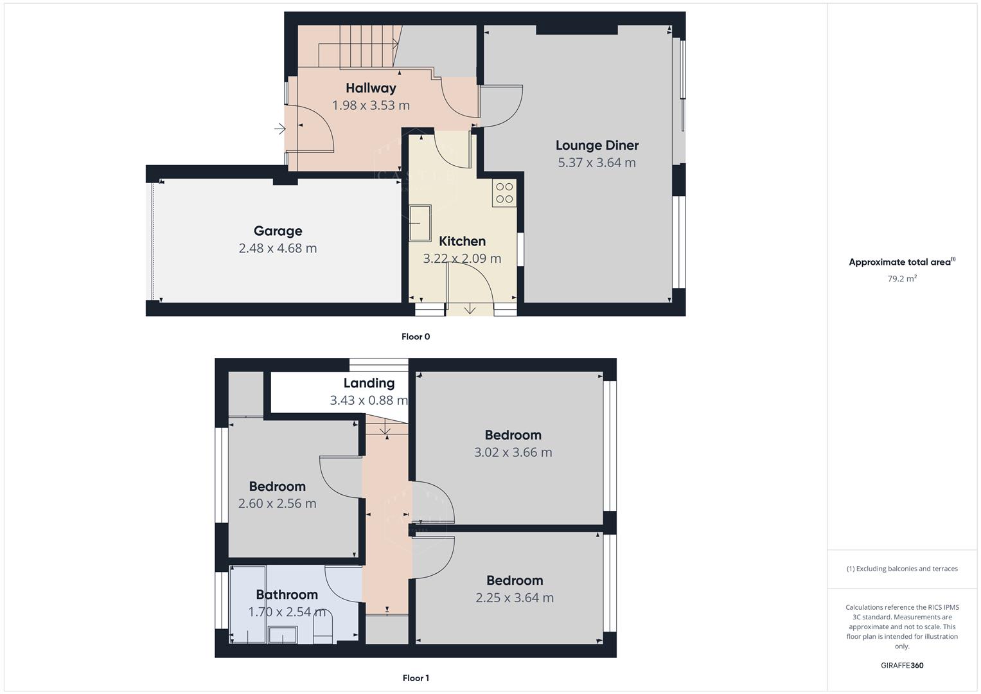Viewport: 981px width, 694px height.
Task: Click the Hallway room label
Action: coord(371,88)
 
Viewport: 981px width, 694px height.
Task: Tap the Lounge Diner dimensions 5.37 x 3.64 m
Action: coord(597,163)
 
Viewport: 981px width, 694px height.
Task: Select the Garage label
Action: coord(278,231)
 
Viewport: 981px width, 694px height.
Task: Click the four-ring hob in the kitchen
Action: coord(504,193)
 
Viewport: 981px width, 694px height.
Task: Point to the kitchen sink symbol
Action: coord(421,222)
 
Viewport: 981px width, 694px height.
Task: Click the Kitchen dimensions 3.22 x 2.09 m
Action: coord(462,258)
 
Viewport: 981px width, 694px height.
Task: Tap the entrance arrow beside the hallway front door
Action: coord(279,129)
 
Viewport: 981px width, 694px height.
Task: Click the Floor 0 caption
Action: coord(416,337)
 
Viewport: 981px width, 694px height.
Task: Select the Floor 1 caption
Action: coord(416,678)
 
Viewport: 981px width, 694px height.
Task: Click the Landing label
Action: coord(369,383)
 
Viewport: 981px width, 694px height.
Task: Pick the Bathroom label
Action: coord(287,594)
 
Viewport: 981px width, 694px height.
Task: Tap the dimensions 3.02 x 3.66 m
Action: coord(513,452)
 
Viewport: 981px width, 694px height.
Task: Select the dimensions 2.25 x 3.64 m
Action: coord(515,598)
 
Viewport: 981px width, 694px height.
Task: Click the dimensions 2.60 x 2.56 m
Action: coord(277,504)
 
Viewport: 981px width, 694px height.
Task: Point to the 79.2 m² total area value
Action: coord(902,279)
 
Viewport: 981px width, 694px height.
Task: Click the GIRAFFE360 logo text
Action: coord(902,665)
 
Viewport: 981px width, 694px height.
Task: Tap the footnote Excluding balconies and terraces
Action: coord(902,569)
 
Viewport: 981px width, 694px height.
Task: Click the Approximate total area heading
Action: coord(902,262)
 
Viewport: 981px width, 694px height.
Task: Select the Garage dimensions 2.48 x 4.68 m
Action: coord(278,248)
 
